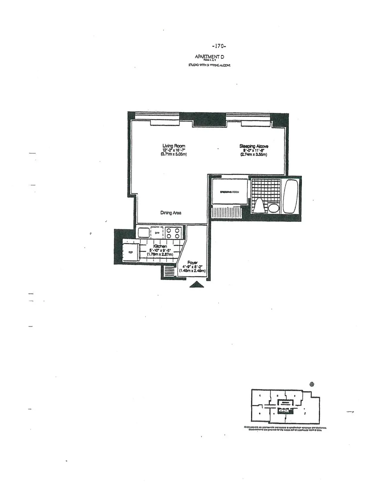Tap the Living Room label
174,146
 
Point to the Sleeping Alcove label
254,146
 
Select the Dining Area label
171,213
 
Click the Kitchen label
160,246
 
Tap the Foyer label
193,263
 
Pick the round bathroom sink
273,208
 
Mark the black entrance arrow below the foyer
196,285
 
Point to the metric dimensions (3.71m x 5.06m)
173,155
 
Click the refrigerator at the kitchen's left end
131,252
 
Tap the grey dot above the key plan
312,384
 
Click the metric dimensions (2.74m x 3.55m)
253,155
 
